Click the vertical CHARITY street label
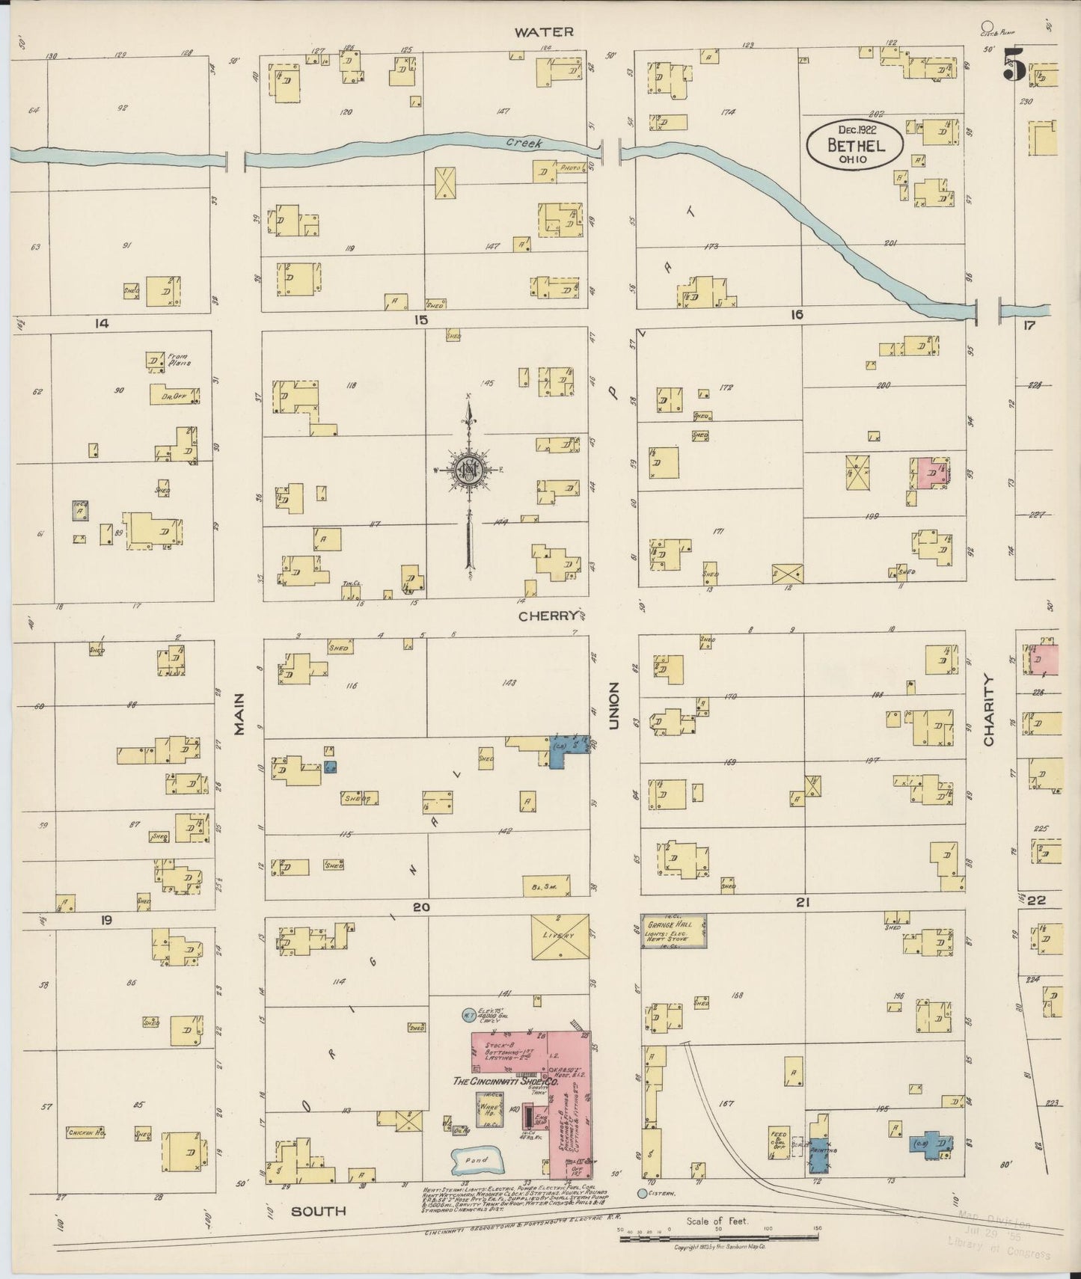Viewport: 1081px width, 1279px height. point(989,710)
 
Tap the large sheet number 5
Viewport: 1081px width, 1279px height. point(1014,64)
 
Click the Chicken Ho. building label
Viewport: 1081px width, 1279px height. point(85,1132)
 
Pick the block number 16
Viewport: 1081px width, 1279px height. point(796,316)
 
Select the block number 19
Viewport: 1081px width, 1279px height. point(106,920)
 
